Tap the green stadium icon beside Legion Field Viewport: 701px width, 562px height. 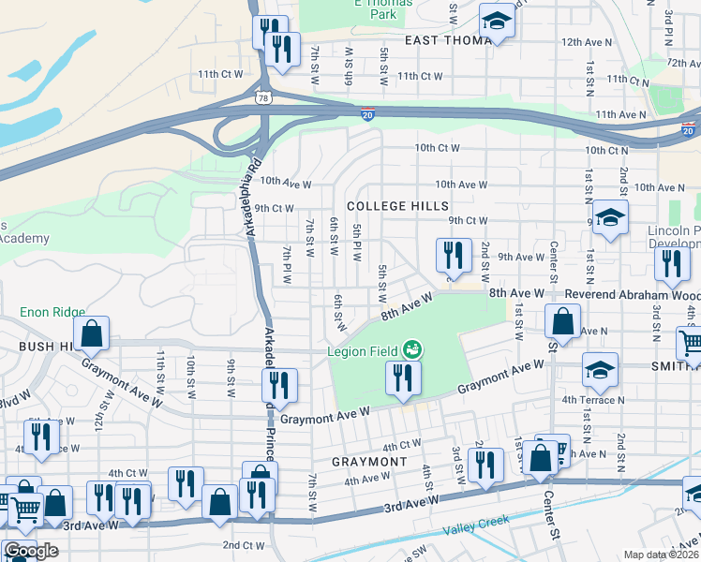(x=410, y=351)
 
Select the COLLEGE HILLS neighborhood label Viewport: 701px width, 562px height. (x=397, y=206)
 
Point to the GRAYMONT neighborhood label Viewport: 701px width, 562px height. (x=369, y=462)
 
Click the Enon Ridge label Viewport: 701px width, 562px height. (x=52, y=312)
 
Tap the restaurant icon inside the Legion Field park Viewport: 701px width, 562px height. (x=403, y=379)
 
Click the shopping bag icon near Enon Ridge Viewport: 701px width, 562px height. (x=92, y=333)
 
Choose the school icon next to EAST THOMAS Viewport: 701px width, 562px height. (x=497, y=22)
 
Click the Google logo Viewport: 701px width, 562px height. (x=31, y=551)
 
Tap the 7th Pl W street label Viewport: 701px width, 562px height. (x=288, y=265)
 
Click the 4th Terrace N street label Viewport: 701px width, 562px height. (x=593, y=400)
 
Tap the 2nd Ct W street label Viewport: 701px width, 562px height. (x=243, y=544)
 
